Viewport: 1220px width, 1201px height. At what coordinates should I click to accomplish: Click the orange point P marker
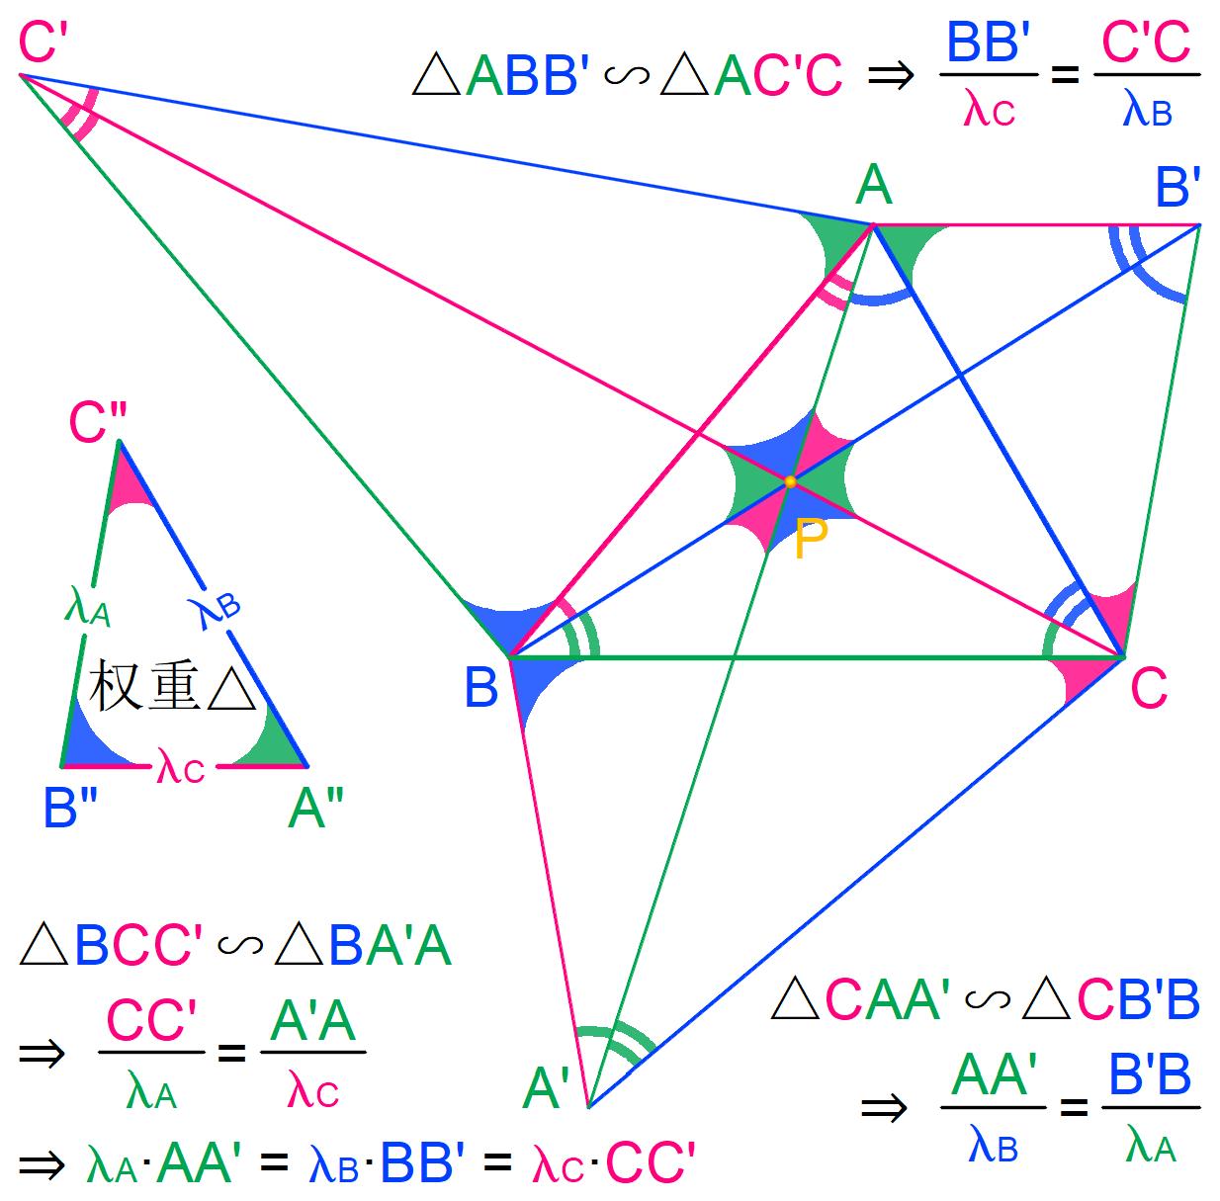[x=790, y=481]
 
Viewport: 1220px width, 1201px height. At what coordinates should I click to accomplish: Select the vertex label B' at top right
[x=1177, y=187]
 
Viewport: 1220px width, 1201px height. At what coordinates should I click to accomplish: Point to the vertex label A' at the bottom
[x=545, y=1088]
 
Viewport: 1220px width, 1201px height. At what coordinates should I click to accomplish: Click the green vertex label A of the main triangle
[x=874, y=185]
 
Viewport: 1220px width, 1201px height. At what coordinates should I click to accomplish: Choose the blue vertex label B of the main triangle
[x=480, y=687]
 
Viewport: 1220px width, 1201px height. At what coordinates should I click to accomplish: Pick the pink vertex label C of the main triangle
[x=1149, y=687]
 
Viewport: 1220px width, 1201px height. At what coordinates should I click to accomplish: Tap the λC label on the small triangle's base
[x=181, y=767]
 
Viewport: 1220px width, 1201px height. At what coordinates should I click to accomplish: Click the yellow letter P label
[x=812, y=541]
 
